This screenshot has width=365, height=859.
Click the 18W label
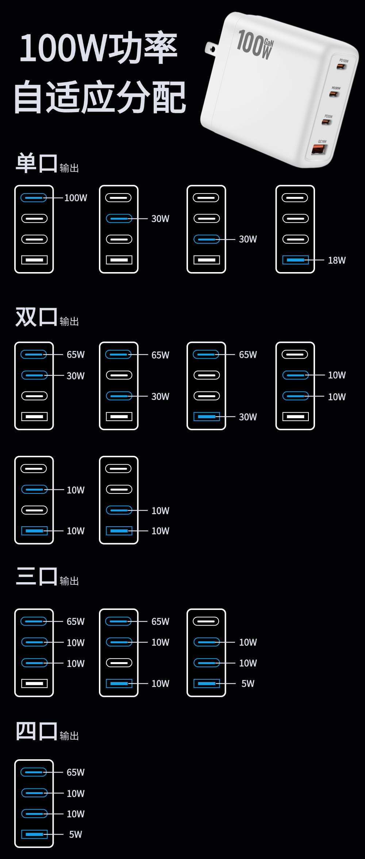(337, 260)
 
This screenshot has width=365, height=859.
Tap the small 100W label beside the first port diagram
(76, 198)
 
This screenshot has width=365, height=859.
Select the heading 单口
(36, 163)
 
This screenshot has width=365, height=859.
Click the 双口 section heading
(36, 317)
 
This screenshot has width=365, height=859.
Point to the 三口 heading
(36, 576)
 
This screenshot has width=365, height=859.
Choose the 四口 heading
(36, 731)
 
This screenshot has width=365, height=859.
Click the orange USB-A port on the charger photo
(318, 149)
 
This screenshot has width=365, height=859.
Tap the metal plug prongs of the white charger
(211, 49)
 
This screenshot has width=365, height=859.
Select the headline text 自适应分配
(100, 98)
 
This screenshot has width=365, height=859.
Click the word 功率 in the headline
(143, 47)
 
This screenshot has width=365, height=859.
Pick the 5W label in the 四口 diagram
(76, 835)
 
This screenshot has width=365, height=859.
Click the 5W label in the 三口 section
(248, 684)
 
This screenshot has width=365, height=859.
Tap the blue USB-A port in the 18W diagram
(295, 260)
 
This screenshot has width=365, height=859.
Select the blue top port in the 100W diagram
(34, 198)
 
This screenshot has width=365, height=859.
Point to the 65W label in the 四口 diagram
(76, 772)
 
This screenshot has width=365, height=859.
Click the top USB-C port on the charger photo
(342, 66)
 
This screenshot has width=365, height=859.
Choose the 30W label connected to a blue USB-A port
(248, 417)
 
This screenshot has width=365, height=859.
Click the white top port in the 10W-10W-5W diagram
(206, 621)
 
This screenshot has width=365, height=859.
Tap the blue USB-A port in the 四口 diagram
(34, 835)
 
